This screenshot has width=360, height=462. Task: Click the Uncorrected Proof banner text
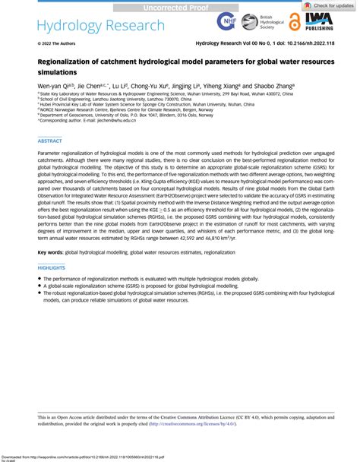click(179, 6)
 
